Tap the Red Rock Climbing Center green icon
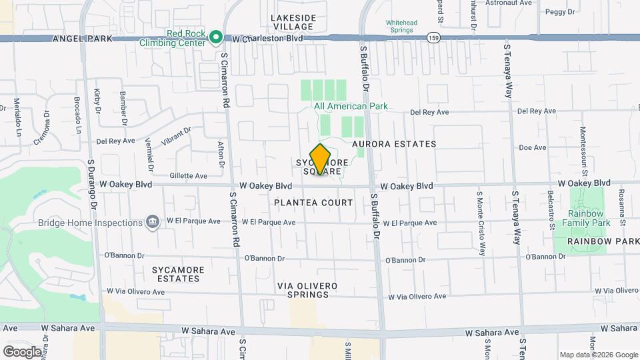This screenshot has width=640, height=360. click(215, 38)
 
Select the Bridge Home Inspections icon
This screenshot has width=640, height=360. click(152, 222)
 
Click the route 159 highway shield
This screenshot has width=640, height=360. click(433, 38)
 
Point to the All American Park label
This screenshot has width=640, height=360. click(341, 106)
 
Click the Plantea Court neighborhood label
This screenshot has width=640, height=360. click(313, 202)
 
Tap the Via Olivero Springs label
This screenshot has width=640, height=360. click(307, 290)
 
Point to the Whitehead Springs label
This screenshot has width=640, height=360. click(401, 27)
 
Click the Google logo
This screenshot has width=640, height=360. click(23, 351)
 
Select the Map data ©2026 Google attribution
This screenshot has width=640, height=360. click(598, 355)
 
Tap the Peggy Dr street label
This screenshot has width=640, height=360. click(555, 12)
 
